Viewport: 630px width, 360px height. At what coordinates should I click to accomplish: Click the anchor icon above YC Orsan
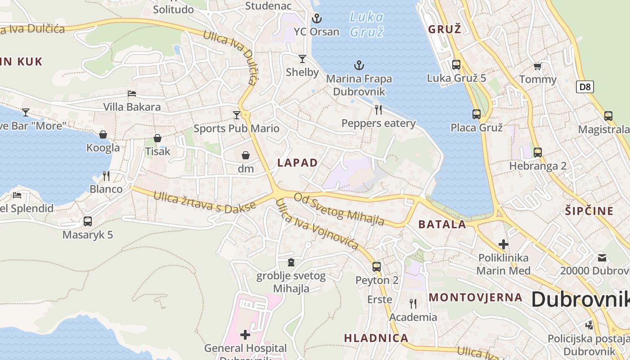[317, 18]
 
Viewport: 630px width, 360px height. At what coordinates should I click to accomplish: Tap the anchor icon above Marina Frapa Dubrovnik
[359, 66]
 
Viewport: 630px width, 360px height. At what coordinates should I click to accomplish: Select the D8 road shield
[585, 87]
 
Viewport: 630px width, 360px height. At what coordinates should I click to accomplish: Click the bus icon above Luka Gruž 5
[456, 65]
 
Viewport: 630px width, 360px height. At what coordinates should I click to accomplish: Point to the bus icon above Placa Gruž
[477, 114]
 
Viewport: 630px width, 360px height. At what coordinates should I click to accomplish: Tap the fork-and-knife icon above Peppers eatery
[378, 110]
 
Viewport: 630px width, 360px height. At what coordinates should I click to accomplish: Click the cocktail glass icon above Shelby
[302, 59]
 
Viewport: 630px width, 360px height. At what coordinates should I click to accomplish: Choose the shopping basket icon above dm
[246, 155]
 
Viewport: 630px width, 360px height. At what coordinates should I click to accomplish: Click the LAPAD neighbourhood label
[297, 163]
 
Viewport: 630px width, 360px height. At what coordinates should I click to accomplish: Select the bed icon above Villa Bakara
[132, 94]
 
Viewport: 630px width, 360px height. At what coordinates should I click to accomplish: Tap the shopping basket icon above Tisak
[157, 138]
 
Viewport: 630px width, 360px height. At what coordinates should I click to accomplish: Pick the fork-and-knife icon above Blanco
[106, 175]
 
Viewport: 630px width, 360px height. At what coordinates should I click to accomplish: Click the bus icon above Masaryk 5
[88, 221]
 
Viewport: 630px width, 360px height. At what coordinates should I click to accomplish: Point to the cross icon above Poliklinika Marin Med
[504, 244]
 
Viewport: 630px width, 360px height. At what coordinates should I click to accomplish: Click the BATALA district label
[442, 225]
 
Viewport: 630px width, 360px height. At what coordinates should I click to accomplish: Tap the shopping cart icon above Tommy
[537, 67]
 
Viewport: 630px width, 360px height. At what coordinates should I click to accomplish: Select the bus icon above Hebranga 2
[538, 152]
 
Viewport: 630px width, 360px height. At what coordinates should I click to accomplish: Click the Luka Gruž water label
[367, 24]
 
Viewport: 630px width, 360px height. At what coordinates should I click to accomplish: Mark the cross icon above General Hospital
[245, 334]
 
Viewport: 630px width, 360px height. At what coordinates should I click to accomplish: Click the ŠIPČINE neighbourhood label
[589, 211]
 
